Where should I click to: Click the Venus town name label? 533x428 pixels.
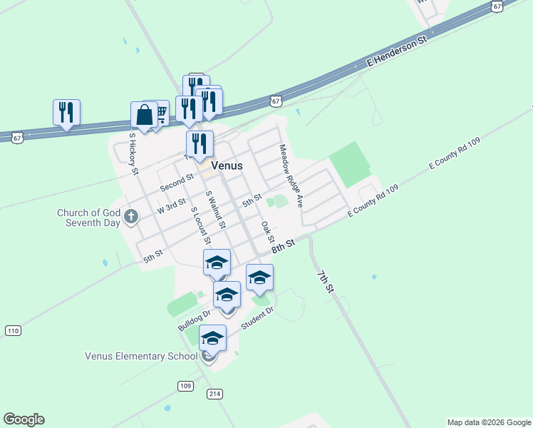(x=227, y=165)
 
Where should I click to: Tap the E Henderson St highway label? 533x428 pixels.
(x=396, y=50)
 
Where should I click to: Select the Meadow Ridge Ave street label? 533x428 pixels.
(x=291, y=175)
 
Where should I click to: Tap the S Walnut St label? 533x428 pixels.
(x=215, y=210)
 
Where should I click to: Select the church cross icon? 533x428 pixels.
(x=130, y=216)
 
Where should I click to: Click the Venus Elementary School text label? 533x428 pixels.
(x=141, y=356)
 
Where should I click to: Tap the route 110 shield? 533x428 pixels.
(x=13, y=330)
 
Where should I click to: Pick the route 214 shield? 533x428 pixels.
(x=215, y=394)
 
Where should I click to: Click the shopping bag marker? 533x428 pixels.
(x=144, y=115)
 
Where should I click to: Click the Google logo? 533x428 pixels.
(x=24, y=419)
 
